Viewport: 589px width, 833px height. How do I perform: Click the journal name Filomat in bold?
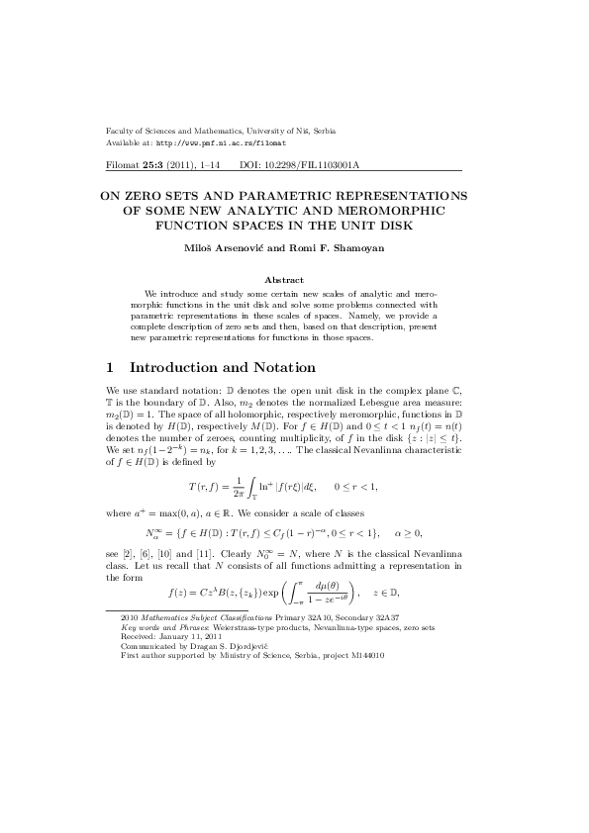coord(124,165)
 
